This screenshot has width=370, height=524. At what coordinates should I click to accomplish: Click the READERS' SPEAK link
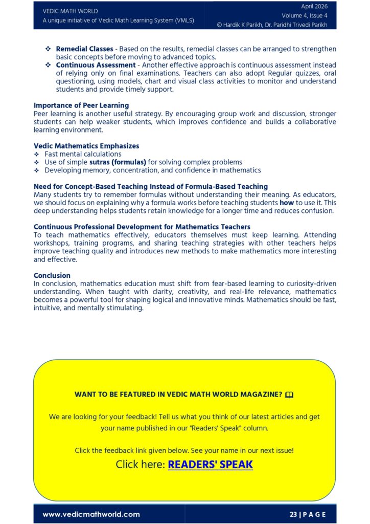pos(210,465)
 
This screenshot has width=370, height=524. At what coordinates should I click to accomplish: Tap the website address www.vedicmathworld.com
pos(91,514)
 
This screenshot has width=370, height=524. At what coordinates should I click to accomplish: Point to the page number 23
pos(293,514)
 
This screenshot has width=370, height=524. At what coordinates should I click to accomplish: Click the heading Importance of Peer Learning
pos(81,105)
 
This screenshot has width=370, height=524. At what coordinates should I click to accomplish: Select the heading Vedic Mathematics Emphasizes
pos(86,146)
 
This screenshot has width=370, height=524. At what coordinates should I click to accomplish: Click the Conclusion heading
pos(53,276)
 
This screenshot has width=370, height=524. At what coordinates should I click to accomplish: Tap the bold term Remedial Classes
pos(85,49)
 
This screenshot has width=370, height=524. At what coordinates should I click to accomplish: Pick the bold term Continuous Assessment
pos(96,65)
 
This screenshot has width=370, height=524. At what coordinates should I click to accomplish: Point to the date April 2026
pos(314,7)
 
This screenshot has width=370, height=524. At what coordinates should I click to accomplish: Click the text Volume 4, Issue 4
pos(305,15)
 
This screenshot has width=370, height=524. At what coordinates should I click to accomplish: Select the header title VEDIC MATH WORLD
pos(70,11)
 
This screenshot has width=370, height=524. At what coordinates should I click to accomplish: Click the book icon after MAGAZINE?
pos(290,395)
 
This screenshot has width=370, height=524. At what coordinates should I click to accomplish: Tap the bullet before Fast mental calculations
pos(36,154)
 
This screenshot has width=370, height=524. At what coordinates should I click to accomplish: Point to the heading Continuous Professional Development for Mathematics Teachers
pos(142,227)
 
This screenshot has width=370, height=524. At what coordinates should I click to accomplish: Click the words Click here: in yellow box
pos(141,465)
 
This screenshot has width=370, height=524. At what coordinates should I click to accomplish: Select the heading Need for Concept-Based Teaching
pos(151,186)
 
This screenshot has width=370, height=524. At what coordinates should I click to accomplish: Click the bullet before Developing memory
pos(36,170)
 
